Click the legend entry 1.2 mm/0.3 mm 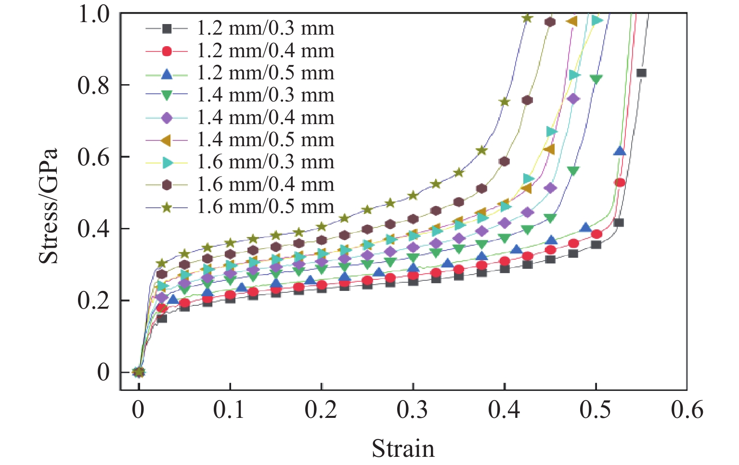click(x=265, y=28)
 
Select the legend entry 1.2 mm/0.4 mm click(x=265, y=50)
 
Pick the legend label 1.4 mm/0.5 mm click(x=265, y=139)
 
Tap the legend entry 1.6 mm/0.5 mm click(x=265, y=207)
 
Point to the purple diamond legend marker click(x=167, y=118)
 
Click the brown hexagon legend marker click(x=167, y=185)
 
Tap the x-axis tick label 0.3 click(x=413, y=410)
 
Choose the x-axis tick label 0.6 click(x=687, y=410)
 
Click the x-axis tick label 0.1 click(x=230, y=410)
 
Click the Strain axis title click(x=403, y=448)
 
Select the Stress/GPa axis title click(x=48, y=206)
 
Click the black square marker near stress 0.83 click(x=641, y=73)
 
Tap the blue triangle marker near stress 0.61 click(x=620, y=151)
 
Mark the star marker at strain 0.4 click(x=504, y=102)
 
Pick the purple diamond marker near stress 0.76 click(x=573, y=99)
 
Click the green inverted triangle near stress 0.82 click(x=596, y=79)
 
